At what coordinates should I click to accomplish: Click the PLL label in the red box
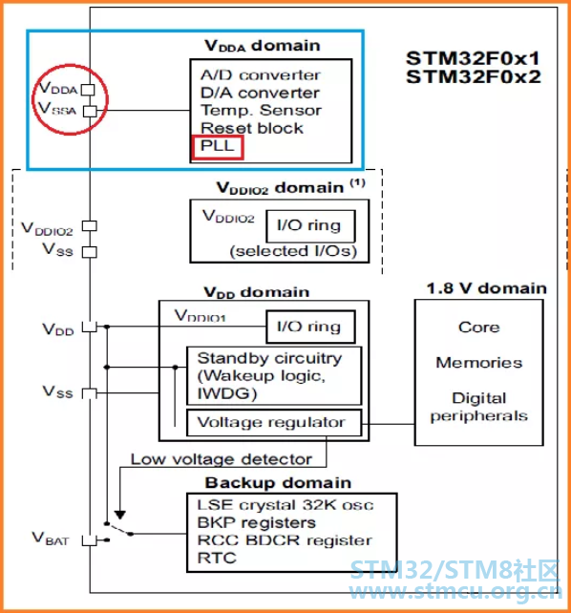(217, 146)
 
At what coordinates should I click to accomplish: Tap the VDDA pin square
(88, 90)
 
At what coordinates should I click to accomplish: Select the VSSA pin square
(91, 112)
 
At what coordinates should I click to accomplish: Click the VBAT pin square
(90, 540)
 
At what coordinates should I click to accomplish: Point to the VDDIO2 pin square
(90, 226)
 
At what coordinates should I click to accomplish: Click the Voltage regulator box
(274, 423)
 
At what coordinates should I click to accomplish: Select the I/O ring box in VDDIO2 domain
(310, 226)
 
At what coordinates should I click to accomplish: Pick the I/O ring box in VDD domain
(310, 327)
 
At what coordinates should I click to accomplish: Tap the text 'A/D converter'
(261, 75)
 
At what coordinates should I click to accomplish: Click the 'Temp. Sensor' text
(261, 111)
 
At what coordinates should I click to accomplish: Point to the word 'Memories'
(479, 363)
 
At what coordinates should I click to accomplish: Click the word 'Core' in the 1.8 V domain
(479, 328)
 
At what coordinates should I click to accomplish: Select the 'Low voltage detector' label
(222, 459)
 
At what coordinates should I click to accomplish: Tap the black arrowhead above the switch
(120, 516)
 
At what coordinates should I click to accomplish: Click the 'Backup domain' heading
(278, 483)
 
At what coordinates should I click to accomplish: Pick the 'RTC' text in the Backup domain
(217, 558)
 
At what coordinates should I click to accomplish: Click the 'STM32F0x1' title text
(473, 58)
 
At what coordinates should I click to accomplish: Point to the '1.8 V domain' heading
(487, 288)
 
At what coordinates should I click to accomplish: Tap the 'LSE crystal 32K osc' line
(285, 505)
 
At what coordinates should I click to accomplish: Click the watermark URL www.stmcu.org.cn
(455, 591)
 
